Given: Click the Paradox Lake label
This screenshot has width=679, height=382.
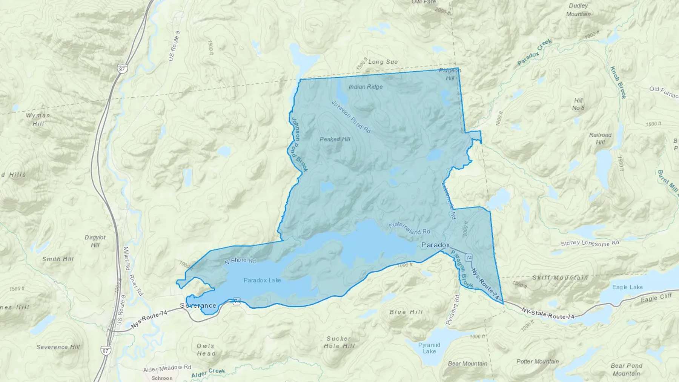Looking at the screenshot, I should click(262, 280).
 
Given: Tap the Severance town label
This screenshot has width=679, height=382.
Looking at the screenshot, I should click(198, 305).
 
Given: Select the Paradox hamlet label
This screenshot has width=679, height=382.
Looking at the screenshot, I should click(435, 245).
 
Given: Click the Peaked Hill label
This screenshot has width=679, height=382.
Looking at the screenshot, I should click(335, 139).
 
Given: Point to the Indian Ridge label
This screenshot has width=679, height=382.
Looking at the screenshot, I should click(366, 87).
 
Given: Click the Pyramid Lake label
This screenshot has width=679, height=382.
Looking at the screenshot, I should click(429, 348).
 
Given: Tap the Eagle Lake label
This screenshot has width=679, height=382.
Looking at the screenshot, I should click(627, 287).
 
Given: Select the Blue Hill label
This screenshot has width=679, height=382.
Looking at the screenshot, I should click(406, 312).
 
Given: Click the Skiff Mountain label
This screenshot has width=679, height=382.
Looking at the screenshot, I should click(560, 278).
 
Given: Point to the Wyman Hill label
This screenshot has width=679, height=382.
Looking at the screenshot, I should click(38, 119).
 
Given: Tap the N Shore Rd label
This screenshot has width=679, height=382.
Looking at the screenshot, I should click(240, 261).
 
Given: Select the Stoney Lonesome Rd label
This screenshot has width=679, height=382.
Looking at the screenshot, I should click(590, 243).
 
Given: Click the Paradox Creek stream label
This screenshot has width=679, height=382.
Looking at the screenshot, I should click(535, 52).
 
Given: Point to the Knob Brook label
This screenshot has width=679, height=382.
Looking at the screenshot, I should click(618, 83).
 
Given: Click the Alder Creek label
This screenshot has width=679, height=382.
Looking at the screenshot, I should click(208, 373).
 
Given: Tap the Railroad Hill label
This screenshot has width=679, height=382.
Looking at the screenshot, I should click(600, 138).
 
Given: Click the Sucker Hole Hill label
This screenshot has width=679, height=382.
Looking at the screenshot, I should click(339, 342).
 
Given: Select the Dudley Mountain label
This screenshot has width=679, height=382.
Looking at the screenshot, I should click(578, 10).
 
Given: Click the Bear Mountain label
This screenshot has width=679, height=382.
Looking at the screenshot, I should click(467, 364).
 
